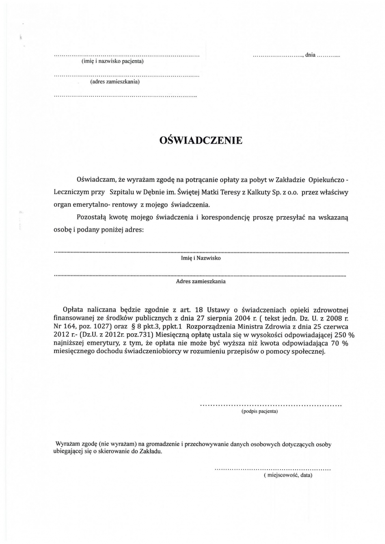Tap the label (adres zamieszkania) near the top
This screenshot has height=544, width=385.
click(x=115, y=82)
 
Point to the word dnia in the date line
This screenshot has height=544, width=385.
click(x=311, y=55)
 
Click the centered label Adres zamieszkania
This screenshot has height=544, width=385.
click(x=201, y=281)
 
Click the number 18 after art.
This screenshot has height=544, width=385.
click(x=199, y=310)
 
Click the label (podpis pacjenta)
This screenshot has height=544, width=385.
click(x=259, y=412)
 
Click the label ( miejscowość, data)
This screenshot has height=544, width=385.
click(x=288, y=476)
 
